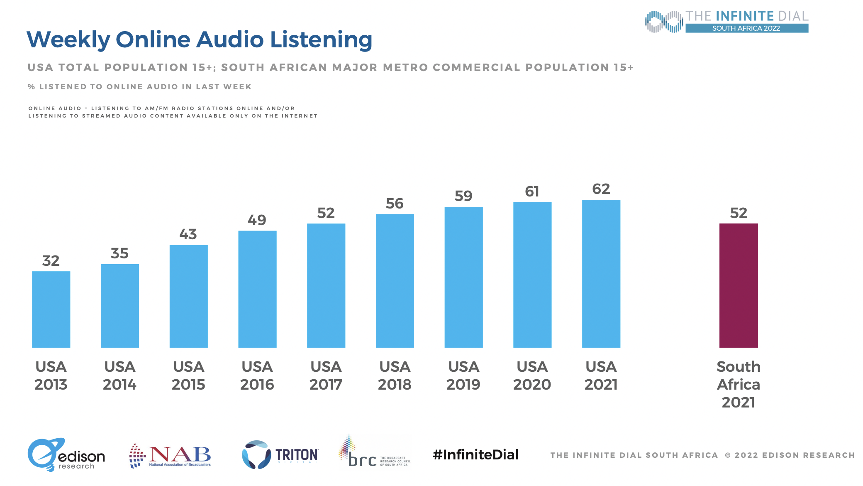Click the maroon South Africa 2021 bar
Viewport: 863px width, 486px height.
coord(739,285)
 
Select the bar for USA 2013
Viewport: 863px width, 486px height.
coord(51,309)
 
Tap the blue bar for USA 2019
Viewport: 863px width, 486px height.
coord(463,277)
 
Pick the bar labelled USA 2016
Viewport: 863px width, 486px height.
coord(257,289)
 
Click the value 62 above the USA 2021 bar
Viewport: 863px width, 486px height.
coord(601,189)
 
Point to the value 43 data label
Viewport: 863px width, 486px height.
coord(188,234)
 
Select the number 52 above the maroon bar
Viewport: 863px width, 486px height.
coord(739,213)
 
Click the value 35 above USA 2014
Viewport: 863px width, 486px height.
coord(119,253)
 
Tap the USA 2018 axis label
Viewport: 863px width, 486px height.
coord(395,376)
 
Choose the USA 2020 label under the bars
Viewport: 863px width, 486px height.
coord(532,376)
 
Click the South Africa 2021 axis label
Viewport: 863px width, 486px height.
coord(739,384)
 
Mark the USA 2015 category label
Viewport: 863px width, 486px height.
coord(188,376)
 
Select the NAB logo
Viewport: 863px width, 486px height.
coord(170,456)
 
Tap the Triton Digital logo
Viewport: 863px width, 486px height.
coord(280,455)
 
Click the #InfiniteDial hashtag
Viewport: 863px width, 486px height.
coord(475,455)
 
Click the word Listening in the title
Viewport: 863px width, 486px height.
coord(321,40)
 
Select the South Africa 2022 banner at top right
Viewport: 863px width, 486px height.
coord(746,28)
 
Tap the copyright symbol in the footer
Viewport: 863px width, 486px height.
coord(728,455)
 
